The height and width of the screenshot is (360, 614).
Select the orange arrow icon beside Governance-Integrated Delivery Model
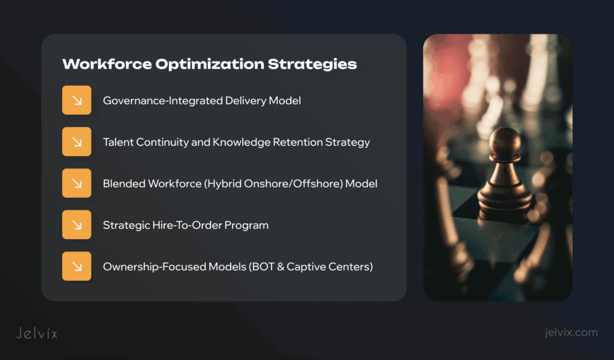tap(77, 100)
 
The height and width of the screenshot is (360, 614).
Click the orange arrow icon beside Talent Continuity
tap(77, 142)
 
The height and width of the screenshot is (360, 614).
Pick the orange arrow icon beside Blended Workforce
tap(77, 183)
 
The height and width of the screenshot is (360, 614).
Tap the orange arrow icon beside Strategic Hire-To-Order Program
tap(77, 225)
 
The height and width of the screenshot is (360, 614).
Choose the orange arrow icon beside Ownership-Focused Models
tap(77, 266)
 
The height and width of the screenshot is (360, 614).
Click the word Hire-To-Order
tap(184, 225)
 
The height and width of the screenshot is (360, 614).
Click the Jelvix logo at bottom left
tap(37, 333)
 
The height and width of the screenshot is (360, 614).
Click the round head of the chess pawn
tap(507, 139)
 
